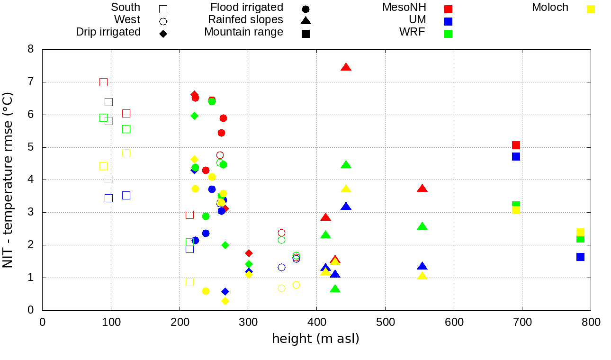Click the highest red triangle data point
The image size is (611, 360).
(346, 67)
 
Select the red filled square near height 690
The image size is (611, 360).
(516, 145)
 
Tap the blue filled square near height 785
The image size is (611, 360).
(580, 257)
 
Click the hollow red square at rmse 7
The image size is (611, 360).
(103, 82)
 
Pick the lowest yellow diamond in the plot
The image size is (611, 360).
(225, 301)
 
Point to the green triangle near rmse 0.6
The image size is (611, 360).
(335, 289)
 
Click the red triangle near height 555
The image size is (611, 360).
(422, 189)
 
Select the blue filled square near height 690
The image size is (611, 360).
(516, 156)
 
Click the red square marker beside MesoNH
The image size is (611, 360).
(448, 9)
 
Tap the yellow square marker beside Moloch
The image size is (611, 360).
(591, 9)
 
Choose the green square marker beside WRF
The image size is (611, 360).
(448, 34)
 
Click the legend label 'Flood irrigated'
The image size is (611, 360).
(247, 8)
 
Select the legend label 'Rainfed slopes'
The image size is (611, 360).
(245, 20)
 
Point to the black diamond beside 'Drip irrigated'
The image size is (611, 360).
(163, 34)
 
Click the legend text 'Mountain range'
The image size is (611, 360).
(243, 32)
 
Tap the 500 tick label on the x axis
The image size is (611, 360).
(385, 323)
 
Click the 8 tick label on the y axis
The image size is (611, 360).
(30, 49)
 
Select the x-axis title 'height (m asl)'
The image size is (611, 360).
(315, 339)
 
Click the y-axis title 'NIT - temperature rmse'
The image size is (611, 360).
(8, 180)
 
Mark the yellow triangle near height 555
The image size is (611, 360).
(422, 276)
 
